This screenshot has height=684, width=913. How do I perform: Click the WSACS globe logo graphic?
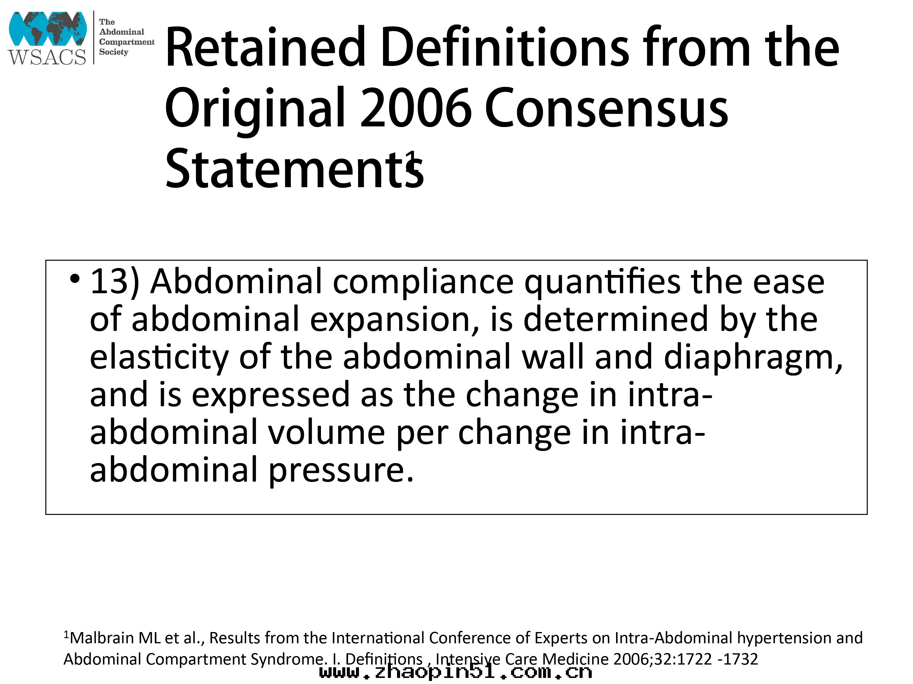(47, 29)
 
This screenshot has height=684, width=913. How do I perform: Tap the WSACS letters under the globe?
(47, 57)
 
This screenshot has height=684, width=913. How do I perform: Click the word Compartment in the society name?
(127, 42)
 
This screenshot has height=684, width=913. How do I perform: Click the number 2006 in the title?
(416, 108)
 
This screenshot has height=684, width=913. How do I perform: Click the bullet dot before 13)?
(75, 279)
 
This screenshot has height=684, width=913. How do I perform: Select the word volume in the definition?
(326, 432)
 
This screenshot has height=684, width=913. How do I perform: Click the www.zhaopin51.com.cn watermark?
(456, 672)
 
